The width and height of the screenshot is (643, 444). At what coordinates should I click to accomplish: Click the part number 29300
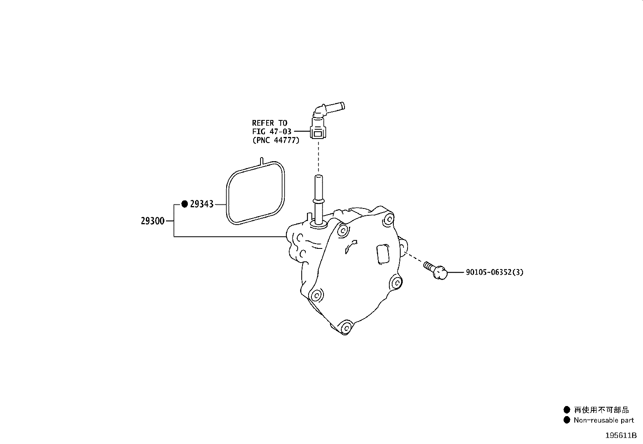click(152, 221)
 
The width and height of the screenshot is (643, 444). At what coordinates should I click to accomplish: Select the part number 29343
click(202, 204)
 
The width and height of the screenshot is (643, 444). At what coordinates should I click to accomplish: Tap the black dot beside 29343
click(185, 204)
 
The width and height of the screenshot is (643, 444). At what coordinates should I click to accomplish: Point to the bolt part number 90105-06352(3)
click(494, 272)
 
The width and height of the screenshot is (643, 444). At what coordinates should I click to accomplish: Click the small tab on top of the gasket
click(261, 161)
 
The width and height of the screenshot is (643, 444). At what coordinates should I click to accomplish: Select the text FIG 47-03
click(271, 132)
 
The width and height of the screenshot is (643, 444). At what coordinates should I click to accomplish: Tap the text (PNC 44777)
click(276, 140)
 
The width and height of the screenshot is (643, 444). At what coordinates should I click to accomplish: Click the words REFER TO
click(269, 123)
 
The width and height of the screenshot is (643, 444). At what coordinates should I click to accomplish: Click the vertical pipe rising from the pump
click(319, 201)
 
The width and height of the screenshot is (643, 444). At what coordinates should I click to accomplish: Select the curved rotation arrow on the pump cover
click(351, 246)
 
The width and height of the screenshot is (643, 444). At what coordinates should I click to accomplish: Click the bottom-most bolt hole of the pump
click(347, 328)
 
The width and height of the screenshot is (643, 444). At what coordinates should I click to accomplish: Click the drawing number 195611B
click(621, 436)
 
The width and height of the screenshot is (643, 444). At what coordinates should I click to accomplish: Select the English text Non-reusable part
click(604, 420)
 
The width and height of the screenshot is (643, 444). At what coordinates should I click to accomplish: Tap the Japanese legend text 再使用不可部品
click(601, 410)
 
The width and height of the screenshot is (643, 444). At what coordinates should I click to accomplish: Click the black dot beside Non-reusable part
click(567, 420)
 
